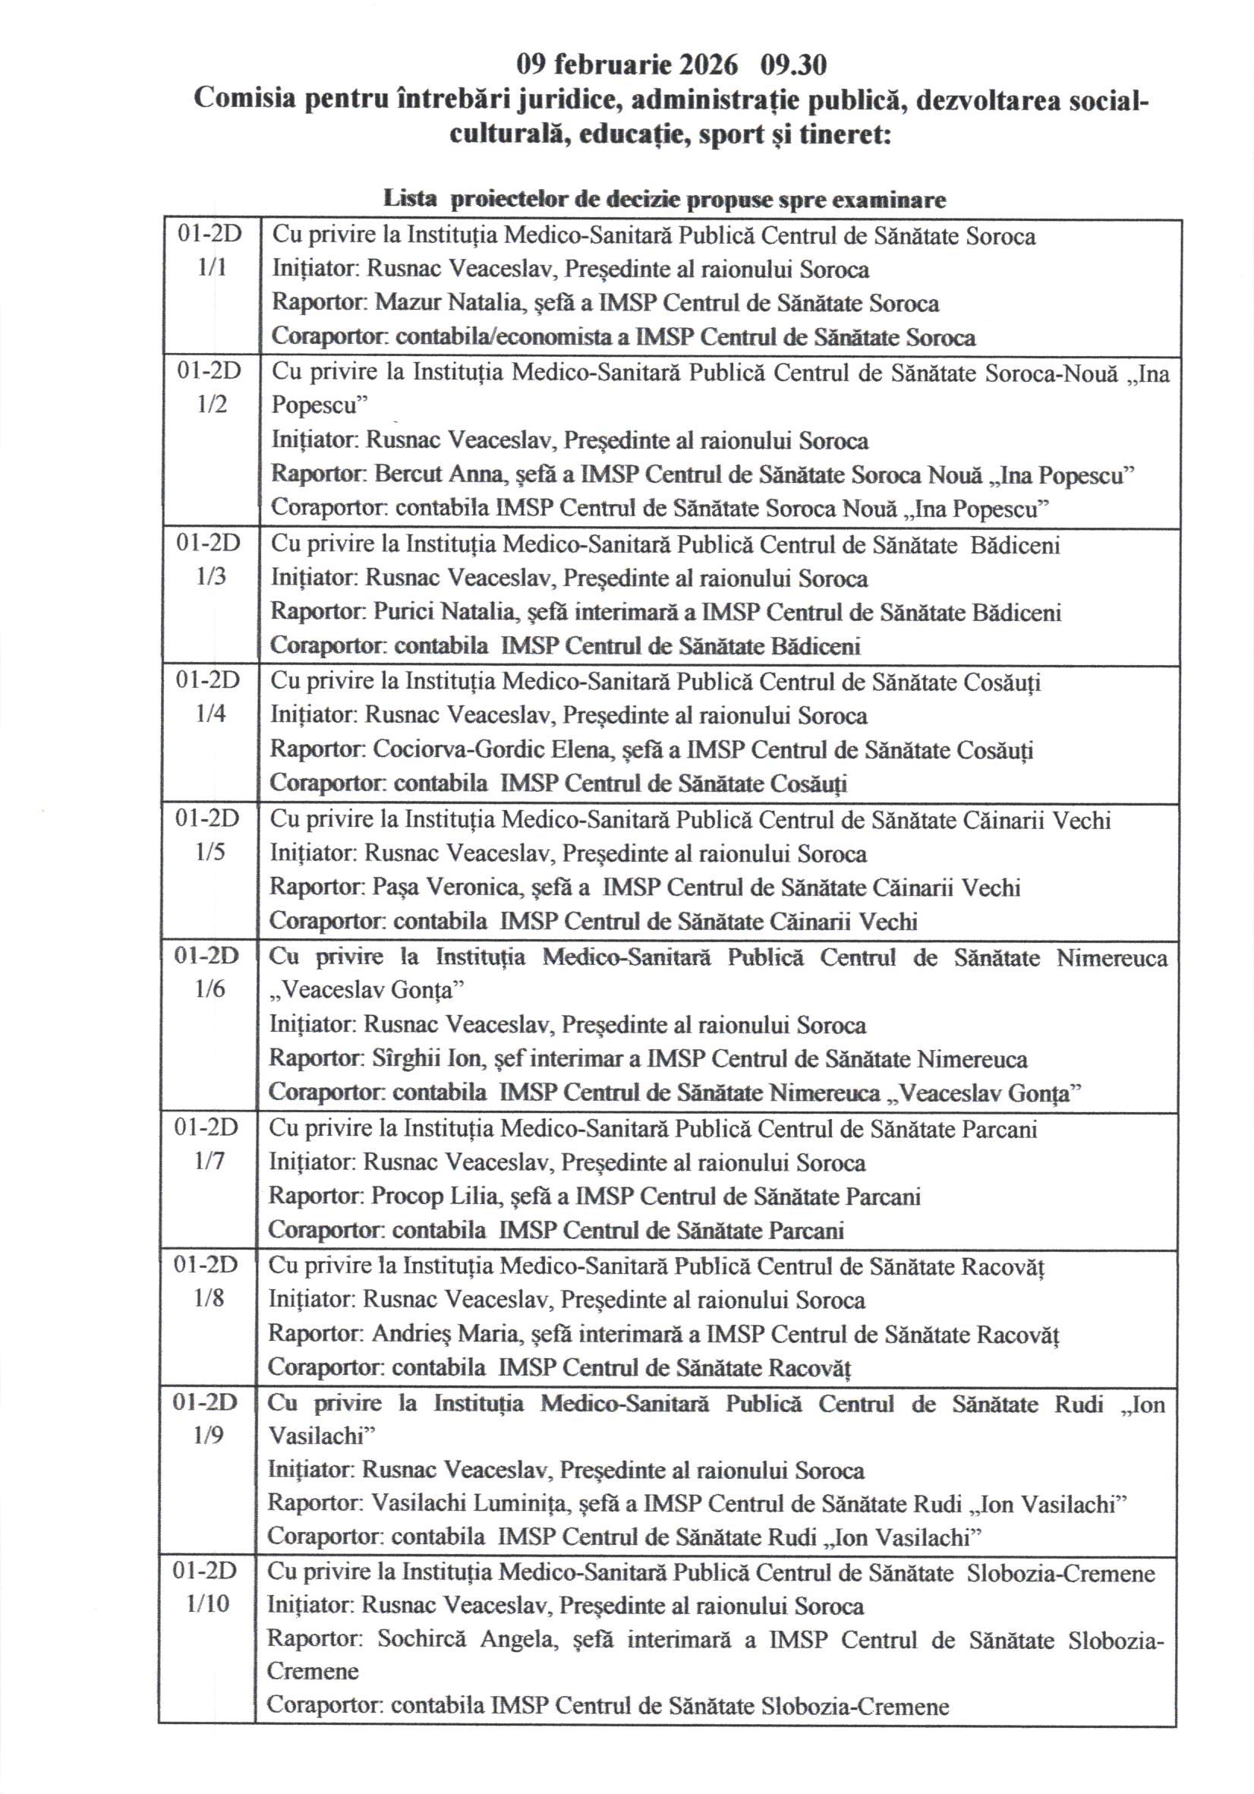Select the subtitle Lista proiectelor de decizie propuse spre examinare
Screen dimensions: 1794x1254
(664, 199)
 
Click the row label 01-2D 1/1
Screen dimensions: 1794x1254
(210, 251)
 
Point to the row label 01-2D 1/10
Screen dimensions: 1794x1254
(206, 1587)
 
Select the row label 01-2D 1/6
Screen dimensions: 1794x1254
(208, 973)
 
